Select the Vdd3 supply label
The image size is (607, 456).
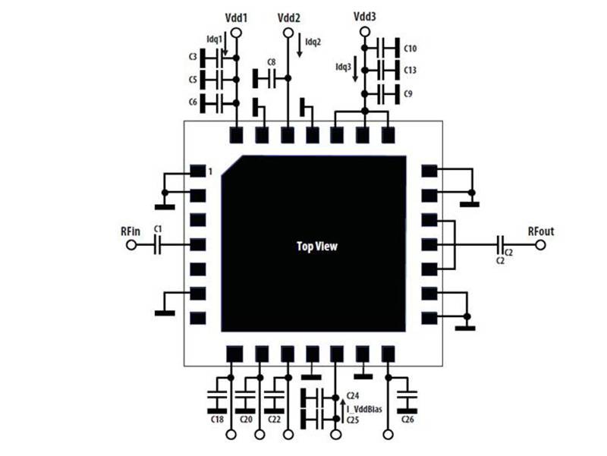365,16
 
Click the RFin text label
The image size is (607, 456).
128,231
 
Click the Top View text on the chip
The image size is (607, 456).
316,247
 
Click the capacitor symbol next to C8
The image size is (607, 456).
266,77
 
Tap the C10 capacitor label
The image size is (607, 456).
410,49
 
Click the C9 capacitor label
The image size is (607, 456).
408,94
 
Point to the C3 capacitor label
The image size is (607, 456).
193,57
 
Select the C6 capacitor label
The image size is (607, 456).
193,102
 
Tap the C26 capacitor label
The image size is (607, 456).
408,419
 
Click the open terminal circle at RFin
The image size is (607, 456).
131,245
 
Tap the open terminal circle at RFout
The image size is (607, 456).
540,244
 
